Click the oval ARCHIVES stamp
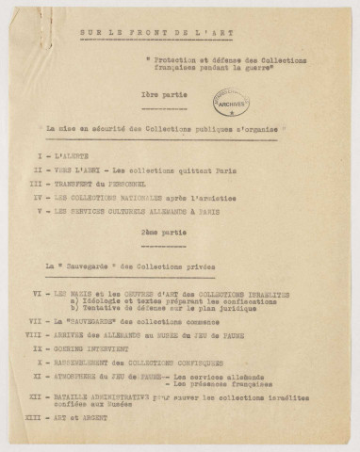pyautogui.click(x=231, y=103)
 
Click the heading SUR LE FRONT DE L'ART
pyautogui.click(x=178, y=34)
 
